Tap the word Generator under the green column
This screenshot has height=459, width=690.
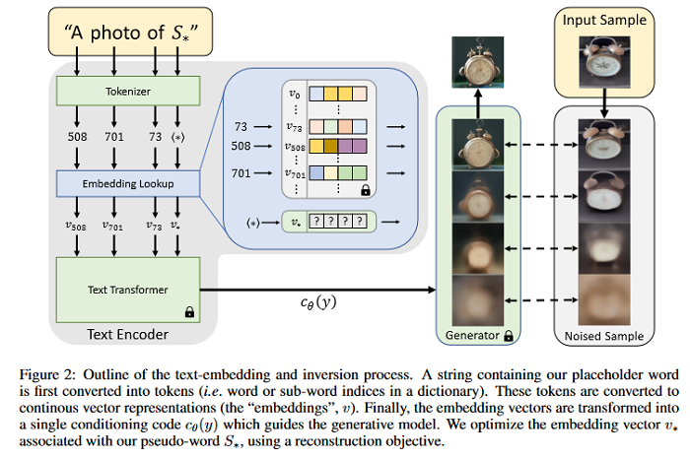[x=471, y=336]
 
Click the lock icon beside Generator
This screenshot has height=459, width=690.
[x=509, y=336]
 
